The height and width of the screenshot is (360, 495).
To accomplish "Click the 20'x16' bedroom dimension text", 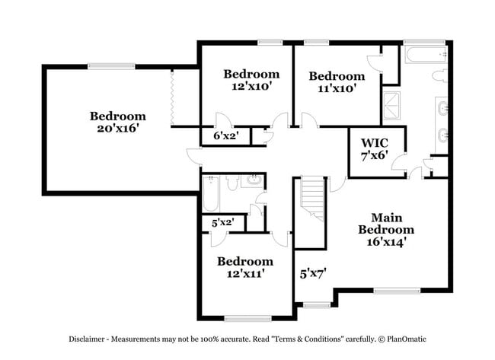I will click(x=117, y=129).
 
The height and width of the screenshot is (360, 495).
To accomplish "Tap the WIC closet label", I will click(x=374, y=142).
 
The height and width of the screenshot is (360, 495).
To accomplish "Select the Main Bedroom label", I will click(x=386, y=223).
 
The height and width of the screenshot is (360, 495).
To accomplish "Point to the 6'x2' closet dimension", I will click(x=220, y=136).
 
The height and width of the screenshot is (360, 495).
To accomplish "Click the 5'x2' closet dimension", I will click(x=222, y=223).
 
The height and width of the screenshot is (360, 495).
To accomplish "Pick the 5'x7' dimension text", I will click(x=312, y=272).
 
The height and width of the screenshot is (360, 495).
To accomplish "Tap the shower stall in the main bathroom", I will click(x=394, y=104).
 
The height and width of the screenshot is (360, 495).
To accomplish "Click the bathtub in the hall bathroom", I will click(x=211, y=194).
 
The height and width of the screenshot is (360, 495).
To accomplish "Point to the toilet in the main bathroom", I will click(x=438, y=76).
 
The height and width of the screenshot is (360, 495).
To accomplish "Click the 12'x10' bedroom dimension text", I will click(x=251, y=88).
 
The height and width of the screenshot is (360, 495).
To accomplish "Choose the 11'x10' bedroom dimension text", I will click(x=335, y=88).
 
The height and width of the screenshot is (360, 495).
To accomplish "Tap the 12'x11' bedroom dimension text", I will click(x=244, y=274).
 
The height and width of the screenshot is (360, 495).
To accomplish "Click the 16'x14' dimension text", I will click(x=386, y=243).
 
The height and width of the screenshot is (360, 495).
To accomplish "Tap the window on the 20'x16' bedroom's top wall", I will click(x=112, y=66).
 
